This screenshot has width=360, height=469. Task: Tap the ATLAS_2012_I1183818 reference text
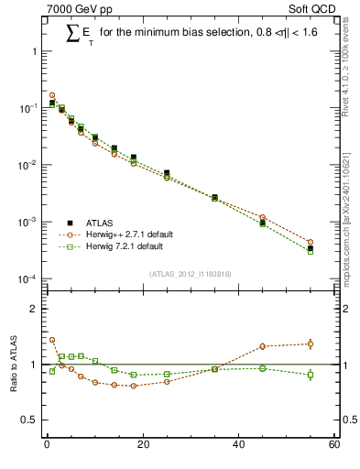pos(189,274)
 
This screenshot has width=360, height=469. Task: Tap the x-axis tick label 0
pos(47,445)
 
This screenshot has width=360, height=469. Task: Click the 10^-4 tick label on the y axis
pos(28,279)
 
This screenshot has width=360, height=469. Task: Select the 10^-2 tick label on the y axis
pos(28,166)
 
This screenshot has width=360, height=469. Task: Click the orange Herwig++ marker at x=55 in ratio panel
pos(310,344)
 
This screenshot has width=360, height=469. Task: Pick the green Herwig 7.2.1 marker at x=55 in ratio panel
pos(310,375)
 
